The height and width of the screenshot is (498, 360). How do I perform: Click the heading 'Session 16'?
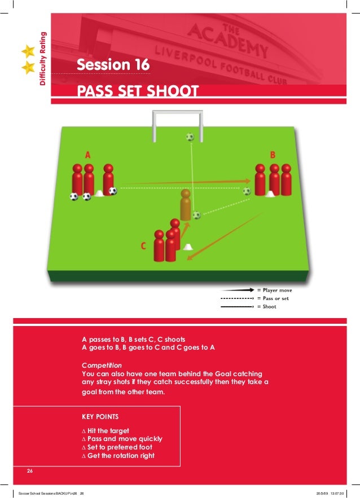coord(113,65)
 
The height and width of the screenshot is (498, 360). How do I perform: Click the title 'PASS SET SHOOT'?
coord(138,91)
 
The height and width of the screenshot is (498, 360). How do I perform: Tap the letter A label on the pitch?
coord(88,154)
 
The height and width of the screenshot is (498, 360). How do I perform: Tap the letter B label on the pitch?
coord(273,154)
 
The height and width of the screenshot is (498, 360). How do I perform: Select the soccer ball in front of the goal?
coord(190,136)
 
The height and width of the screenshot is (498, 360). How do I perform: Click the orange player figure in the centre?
coord(185,204)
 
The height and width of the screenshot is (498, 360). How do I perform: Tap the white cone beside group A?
coord(99,194)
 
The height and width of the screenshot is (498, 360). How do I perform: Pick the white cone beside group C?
coord(187,246)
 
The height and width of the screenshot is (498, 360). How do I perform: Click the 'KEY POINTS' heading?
coord(100,417)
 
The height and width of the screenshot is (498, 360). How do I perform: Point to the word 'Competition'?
coord(102,365)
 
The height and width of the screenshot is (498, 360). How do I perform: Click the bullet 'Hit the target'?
coord(108,431)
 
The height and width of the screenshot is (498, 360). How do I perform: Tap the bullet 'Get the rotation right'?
coord(121,456)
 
